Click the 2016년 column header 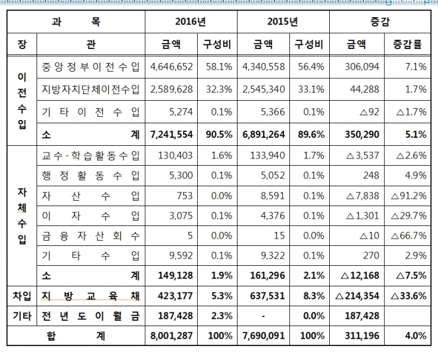[190, 21]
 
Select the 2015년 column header [283, 21]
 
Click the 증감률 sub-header [407, 45]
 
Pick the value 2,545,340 [263, 89]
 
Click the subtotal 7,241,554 [171, 134]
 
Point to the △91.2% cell [408, 195]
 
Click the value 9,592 [179, 255]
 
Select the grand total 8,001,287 [171, 336]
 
